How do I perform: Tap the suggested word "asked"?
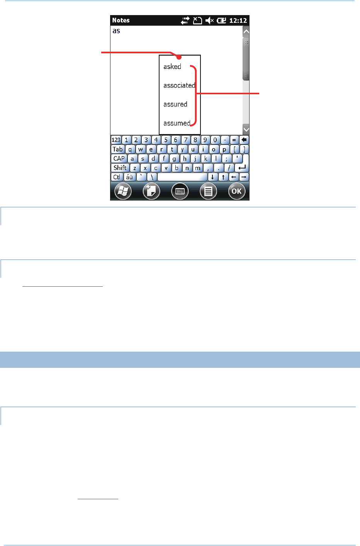(x=172, y=66)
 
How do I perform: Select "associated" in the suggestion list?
(x=179, y=85)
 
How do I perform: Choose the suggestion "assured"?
(x=175, y=104)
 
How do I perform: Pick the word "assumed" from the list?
(x=177, y=123)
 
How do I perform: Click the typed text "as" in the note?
(x=116, y=31)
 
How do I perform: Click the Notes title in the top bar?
(x=121, y=20)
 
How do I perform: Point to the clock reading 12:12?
(x=238, y=20)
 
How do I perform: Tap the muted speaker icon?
(x=210, y=20)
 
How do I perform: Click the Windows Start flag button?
(x=123, y=191)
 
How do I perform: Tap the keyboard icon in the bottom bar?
(x=180, y=191)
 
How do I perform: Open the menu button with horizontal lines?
(x=208, y=191)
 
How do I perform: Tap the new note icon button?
(x=151, y=191)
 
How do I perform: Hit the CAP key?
(x=119, y=158)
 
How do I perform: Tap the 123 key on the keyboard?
(x=116, y=140)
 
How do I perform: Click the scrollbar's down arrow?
(x=246, y=129)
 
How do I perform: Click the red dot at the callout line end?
(x=179, y=57)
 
